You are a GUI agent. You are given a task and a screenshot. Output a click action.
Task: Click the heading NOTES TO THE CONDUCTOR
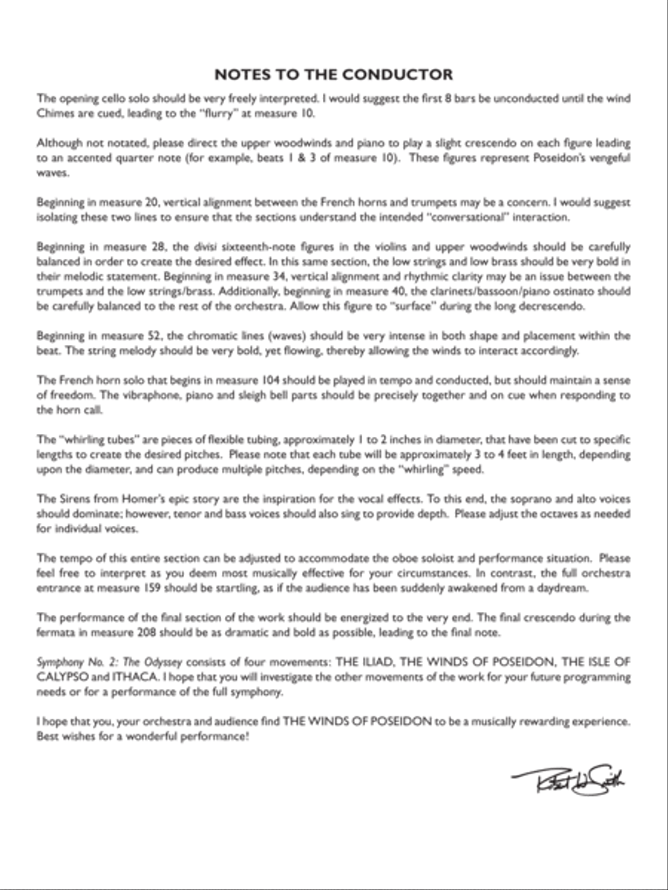coord(333,74)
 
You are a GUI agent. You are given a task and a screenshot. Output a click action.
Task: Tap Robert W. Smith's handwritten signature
coord(567,779)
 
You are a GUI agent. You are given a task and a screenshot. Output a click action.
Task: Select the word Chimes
coord(56,113)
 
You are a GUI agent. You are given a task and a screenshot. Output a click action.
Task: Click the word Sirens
coord(71,498)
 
